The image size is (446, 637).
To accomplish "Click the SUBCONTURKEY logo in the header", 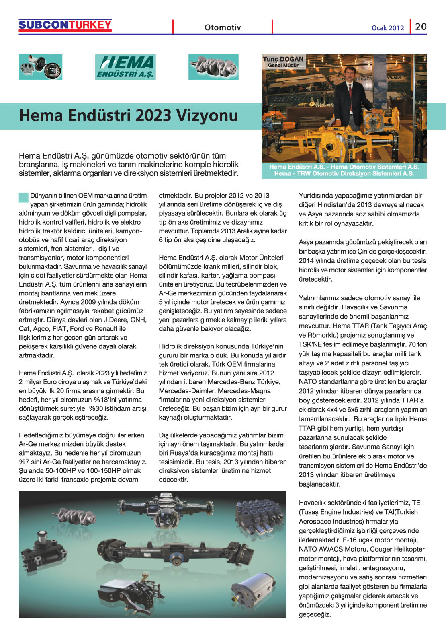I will (x=65, y=25).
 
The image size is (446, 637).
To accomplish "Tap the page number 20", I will (x=421, y=27).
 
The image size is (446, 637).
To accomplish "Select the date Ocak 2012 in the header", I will (x=387, y=28).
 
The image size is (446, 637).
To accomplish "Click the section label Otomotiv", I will (x=223, y=27).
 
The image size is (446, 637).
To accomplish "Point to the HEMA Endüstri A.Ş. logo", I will (x=125, y=67).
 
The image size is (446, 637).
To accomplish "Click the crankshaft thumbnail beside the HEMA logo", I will (x=213, y=67).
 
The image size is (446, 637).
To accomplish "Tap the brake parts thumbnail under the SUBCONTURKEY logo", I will (x=41, y=67).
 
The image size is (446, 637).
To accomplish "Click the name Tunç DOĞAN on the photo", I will (x=283, y=59).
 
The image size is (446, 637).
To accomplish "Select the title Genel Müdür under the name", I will (x=283, y=65).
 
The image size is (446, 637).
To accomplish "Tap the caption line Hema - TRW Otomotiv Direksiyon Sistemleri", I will (x=344, y=173).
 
